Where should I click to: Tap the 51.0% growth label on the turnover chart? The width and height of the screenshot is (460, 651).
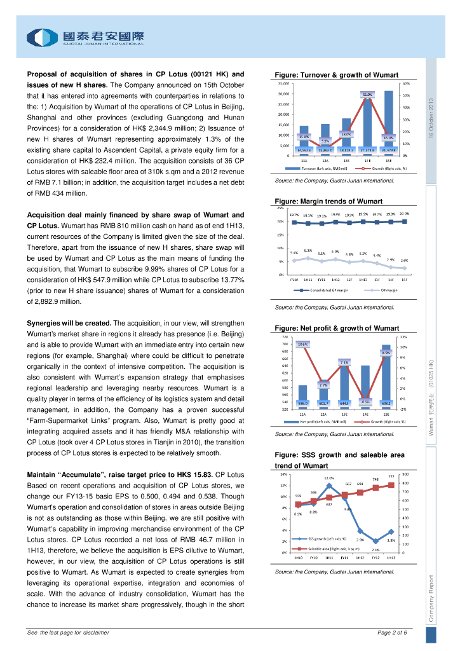pyautogui.click(x=367, y=95)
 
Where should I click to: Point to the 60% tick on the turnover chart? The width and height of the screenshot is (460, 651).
pyautogui.click(x=405, y=83)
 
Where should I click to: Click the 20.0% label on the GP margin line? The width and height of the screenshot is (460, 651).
pyautogui.click(x=405, y=214)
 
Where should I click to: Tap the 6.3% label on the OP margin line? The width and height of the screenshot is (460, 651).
pyautogui.click(x=308, y=250)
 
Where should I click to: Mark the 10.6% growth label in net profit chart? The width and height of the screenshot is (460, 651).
pyautogui.click(x=302, y=344)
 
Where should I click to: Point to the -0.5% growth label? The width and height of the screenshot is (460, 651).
pyautogui.click(x=365, y=401)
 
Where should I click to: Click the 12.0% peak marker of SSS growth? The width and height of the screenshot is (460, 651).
pyautogui.click(x=329, y=486)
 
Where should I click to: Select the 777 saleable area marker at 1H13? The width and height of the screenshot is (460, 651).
pyautogui.click(x=391, y=486)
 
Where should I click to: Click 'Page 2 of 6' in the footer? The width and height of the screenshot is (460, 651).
pyautogui.click(x=391, y=633)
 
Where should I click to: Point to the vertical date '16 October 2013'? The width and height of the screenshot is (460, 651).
pyautogui.click(x=431, y=120)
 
